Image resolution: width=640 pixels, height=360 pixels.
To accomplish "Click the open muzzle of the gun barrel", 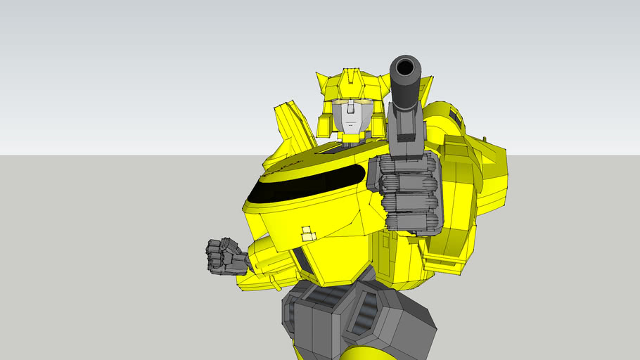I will coord(406,69).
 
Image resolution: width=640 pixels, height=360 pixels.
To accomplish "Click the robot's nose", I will coord(349,117).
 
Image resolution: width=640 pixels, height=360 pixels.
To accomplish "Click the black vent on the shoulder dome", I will coord(455,119).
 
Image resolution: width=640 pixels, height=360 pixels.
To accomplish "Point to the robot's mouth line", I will coord(349,126).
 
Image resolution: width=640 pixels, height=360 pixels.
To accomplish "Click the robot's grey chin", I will coord(349,131).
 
